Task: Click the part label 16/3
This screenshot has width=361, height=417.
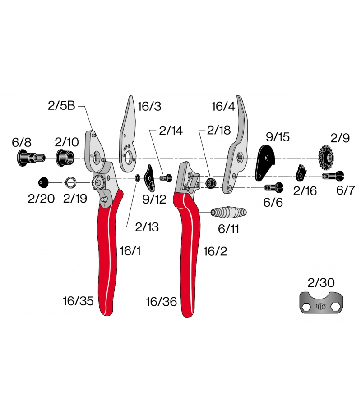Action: [149, 106]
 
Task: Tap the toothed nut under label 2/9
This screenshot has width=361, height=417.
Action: [326, 158]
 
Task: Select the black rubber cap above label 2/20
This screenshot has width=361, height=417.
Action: [44, 183]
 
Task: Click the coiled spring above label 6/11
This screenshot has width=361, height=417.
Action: [228, 212]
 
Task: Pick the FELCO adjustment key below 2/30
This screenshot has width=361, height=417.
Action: [321, 303]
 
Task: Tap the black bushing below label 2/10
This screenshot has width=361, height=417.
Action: [65, 158]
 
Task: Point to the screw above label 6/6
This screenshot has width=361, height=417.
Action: [273, 187]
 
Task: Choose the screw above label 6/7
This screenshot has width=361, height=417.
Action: [333, 176]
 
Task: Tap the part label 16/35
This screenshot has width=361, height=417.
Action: [79, 301]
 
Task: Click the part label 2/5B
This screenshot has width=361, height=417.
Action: [61, 105]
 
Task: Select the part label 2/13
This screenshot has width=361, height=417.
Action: [147, 227]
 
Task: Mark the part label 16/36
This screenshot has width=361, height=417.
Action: [161, 302]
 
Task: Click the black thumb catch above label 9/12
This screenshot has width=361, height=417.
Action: [149, 178]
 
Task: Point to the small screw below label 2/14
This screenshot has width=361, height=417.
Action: [166, 177]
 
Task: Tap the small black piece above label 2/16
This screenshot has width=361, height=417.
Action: [301, 173]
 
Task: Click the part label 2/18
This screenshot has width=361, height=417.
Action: [219, 130]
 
